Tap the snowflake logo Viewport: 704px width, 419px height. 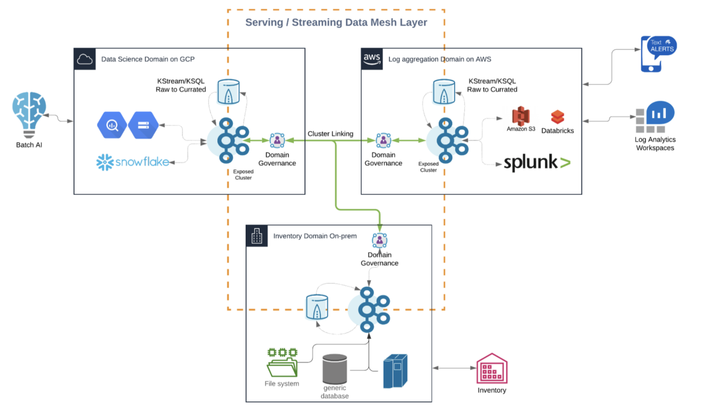click(x=132, y=162)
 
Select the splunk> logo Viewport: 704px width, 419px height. click(x=536, y=163)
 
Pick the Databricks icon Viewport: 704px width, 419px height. click(x=558, y=117)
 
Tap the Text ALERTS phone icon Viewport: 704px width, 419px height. click(x=658, y=53)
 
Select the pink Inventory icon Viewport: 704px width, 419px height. click(x=492, y=368)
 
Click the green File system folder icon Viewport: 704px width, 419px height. click(x=282, y=363)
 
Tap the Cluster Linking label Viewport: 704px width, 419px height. click(x=330, y=134)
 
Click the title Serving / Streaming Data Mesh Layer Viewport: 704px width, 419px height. click(x=336, y=22)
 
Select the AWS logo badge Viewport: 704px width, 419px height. click(x=371, y=58)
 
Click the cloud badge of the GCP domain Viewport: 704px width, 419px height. click(x=84, y=58)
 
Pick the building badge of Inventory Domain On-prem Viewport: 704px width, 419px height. click(x=256, y=236)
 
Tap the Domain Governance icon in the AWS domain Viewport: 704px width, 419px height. click(x=383, y=141)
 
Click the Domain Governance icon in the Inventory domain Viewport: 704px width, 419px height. click(x=380, y=240)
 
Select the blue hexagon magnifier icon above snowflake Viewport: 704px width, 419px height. click(x=112, y=126)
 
